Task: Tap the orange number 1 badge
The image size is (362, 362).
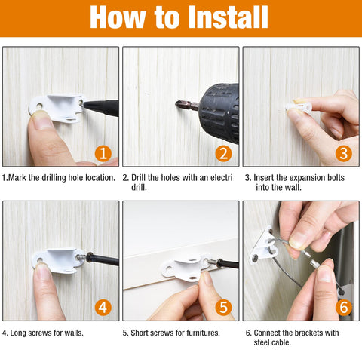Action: tap(103, 154)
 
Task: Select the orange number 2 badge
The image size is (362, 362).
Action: tap(223, 154)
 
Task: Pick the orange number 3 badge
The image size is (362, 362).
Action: tap(344, 154)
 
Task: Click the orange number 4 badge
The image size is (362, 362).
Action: tap(103, 308)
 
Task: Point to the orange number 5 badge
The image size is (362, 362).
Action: tap(223, 308)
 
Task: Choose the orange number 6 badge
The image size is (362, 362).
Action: tap(344, 308)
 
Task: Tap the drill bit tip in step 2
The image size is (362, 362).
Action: tap(179, 104)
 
